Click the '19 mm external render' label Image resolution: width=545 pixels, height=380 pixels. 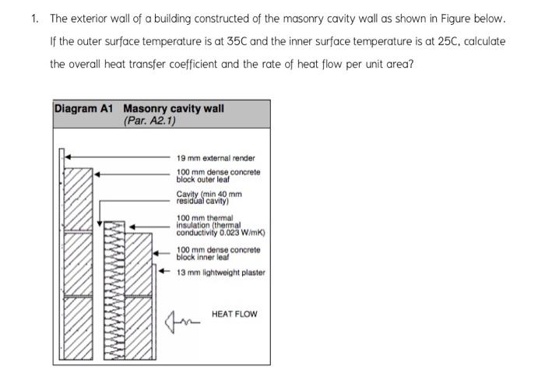point(216,158)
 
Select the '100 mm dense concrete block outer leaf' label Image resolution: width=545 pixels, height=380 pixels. point(218,175)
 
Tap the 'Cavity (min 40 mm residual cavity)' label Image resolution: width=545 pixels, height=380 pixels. point(209,197)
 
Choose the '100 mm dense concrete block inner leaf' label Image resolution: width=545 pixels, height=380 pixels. point(218,253)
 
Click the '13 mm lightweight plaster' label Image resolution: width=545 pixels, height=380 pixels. point(220,273)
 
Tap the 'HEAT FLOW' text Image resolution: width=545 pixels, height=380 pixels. point(234,314)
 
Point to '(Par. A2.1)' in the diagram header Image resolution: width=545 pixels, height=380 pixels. point(150,121)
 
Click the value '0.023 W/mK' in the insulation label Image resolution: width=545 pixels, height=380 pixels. point(240,232)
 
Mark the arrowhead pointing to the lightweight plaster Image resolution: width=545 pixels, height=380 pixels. point(163,272)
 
